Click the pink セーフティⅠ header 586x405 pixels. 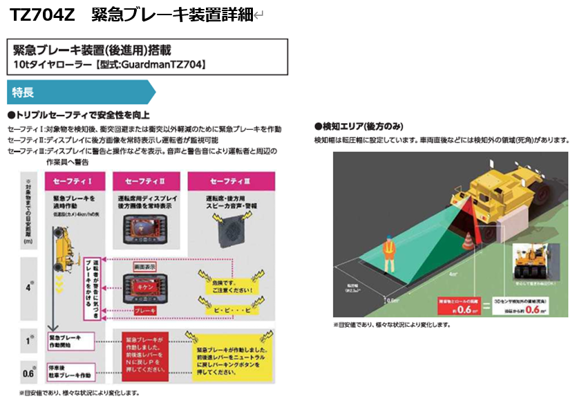(x=73, y=181)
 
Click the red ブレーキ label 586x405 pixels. (x=144, y=310)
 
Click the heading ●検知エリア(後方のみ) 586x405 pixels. (x=359, y=126)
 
